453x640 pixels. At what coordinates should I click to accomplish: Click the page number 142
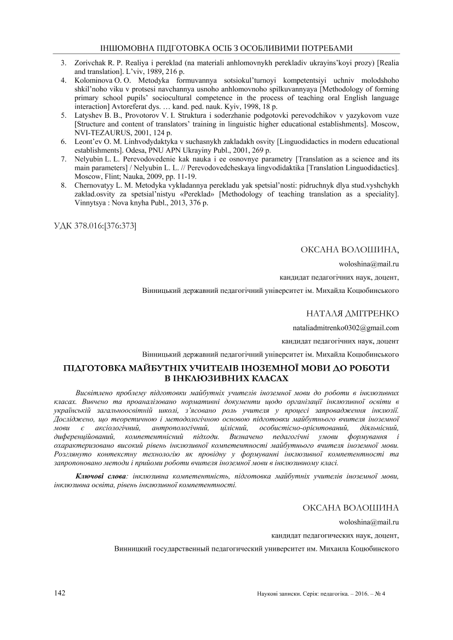point(60,593)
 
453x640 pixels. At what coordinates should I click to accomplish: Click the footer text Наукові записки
point(278,594)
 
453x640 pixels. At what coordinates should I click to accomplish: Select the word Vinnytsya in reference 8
point(90,203)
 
